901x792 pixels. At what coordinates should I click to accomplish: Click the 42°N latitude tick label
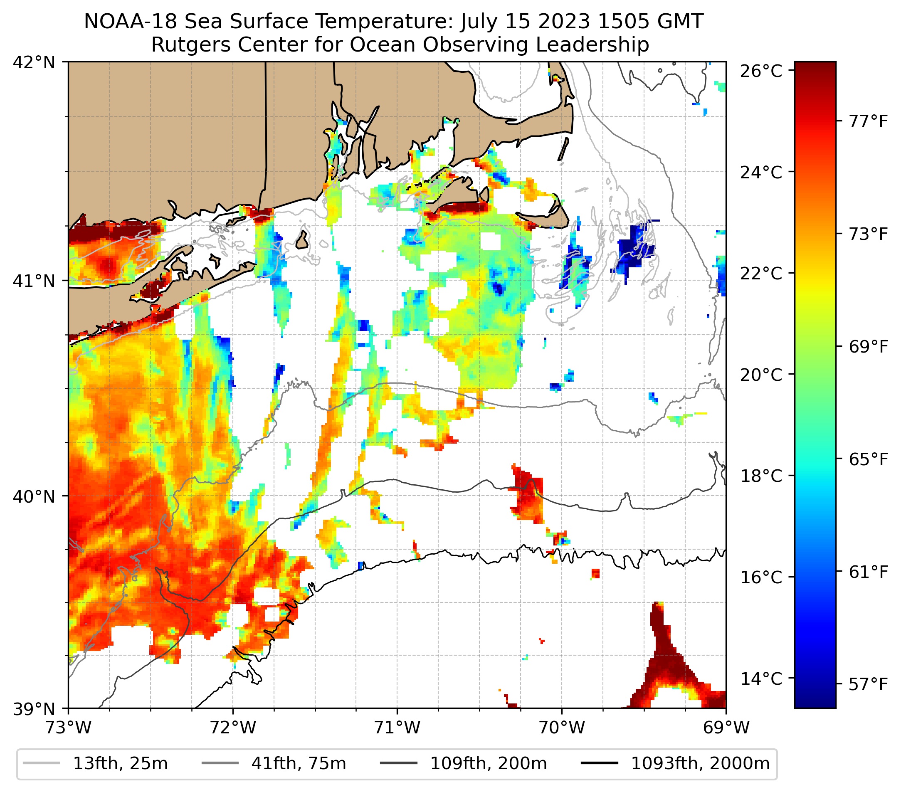pyautogui.click(x=35, y=63)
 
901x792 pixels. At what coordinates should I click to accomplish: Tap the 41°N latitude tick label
pyautogui.click(x=35, y=280)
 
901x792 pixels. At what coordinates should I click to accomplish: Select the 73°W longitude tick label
pyautogui.click(x=68, y=728)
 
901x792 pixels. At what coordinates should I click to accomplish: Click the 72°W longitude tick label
pyautogui.click(x=233, y=728)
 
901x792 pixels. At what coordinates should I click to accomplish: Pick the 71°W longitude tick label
pyautogui.click(x=397, y=728)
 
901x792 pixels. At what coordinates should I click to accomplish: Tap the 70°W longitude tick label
pyautogui.click(x=562, y=728)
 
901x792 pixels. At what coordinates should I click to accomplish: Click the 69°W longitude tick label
pyautogui.click(x=726, y=728)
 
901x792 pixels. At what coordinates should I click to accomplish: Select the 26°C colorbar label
pyautogui.click(x=761, y=71)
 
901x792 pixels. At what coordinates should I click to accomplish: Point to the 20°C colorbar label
pyautogui.click(x=761, y=375)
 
